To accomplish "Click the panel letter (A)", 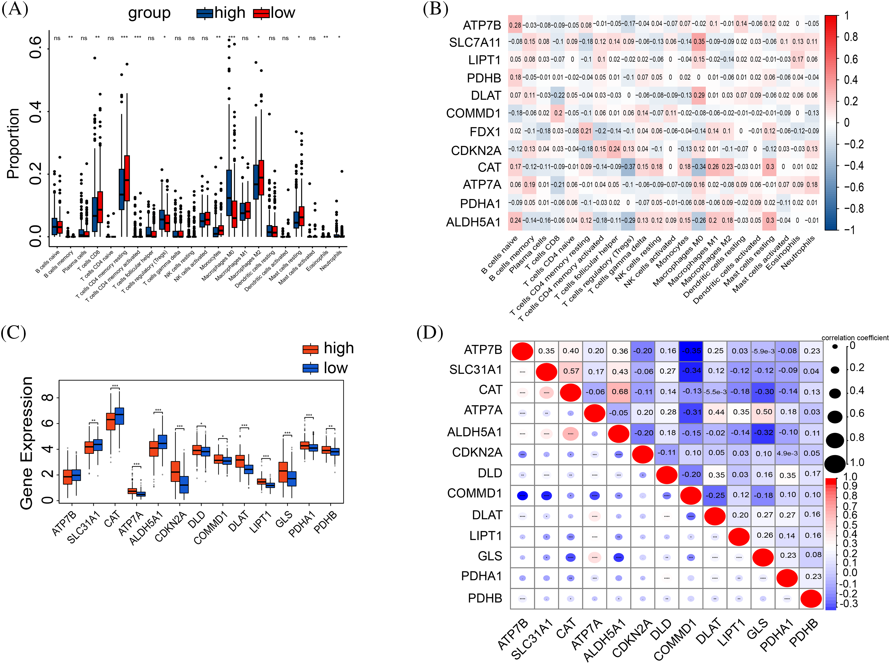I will tap(15, 9).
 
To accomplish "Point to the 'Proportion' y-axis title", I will tap(13, 144).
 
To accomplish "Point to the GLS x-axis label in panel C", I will tap(284, 520).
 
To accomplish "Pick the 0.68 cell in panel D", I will tap(620, 392).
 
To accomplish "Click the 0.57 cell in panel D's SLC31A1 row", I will tap(571, 371).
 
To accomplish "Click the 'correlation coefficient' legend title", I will tap(855, 338).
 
